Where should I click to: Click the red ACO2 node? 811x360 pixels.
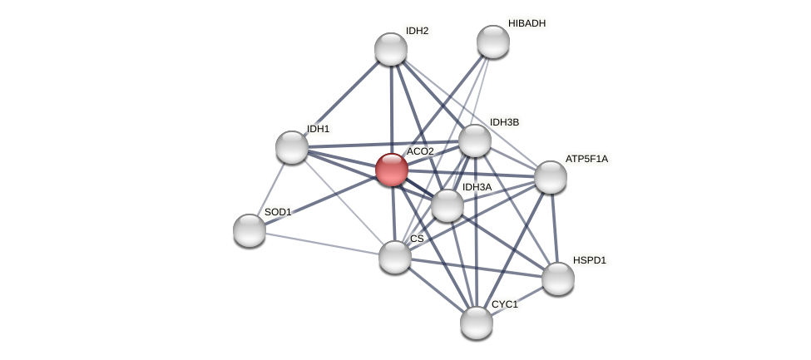pos(391,170)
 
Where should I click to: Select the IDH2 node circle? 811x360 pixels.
pos(391,49)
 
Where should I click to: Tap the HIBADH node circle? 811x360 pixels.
pos(492,42)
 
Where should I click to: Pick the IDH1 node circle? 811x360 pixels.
pos(292,147)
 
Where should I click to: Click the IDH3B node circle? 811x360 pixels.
pos(475,141)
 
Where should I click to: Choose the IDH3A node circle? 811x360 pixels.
pos(447,205)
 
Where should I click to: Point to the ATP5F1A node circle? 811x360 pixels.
pos(551,177)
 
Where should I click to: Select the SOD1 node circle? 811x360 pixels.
pos(250,230)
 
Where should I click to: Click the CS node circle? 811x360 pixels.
pos(395,257)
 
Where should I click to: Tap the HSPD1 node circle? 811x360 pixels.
pos(558,279)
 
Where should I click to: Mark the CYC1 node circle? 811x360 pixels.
pos(477,323)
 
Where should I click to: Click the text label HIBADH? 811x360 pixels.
pos(527,23)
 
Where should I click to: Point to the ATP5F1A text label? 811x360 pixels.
pos(586,159)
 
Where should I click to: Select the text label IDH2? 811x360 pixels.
pos(417,31)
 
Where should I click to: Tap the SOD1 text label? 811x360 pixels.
pos(278,212)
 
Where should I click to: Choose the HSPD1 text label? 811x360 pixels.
pos(589,260)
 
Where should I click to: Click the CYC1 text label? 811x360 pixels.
pos(504,304)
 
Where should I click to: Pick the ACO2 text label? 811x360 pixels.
pos(420,151)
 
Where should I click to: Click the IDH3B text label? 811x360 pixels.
pos(504,122)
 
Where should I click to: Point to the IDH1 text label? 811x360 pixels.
pos(318,129)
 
